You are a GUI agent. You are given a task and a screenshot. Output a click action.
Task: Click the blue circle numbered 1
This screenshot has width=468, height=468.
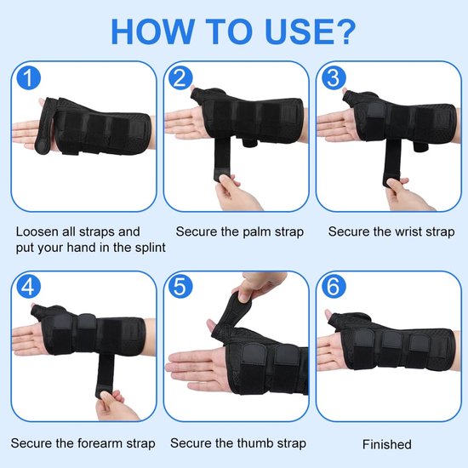pos(29,77)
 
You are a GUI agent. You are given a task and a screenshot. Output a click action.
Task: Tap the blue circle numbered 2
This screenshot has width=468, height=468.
pos(180,77)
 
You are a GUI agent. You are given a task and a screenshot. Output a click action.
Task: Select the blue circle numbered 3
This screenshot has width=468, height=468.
pos(334,77)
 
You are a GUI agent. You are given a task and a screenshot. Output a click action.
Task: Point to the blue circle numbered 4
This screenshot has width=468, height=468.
pos(29,287)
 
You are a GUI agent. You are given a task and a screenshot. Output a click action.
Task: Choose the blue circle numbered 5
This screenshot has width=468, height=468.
pos(180,287)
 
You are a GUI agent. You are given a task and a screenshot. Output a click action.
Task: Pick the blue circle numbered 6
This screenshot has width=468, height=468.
pos(334,287)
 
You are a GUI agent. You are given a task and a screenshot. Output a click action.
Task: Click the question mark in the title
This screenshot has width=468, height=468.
pos(345,31)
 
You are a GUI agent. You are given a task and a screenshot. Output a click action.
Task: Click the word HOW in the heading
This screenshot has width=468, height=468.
pos(152,32)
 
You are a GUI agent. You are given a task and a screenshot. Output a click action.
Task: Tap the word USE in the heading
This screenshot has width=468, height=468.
pos(299,32)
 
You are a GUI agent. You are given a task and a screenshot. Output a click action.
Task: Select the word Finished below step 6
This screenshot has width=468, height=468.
pos(387,444)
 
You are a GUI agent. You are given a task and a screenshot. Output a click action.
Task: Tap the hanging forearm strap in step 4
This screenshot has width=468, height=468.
pos(105,374)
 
